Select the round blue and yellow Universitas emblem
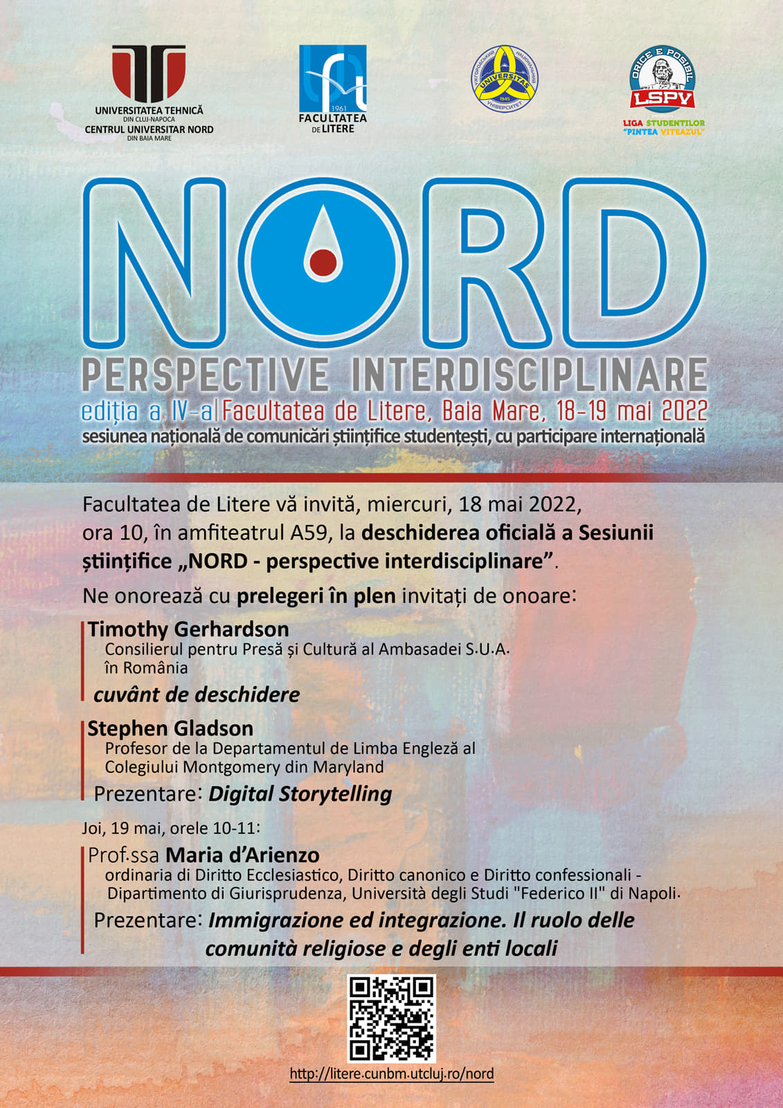point(505,78)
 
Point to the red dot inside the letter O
point(323,262)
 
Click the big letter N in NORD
point(155,263)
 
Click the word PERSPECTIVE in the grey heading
point(206,375)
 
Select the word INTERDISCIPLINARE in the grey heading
point(529,375)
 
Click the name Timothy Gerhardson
point(188,629)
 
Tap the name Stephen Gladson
point(170,729)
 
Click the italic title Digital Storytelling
point(300,794)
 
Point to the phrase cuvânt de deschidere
point(197,695)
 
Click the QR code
point(391,1018)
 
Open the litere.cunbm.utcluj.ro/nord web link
point(391,1074)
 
